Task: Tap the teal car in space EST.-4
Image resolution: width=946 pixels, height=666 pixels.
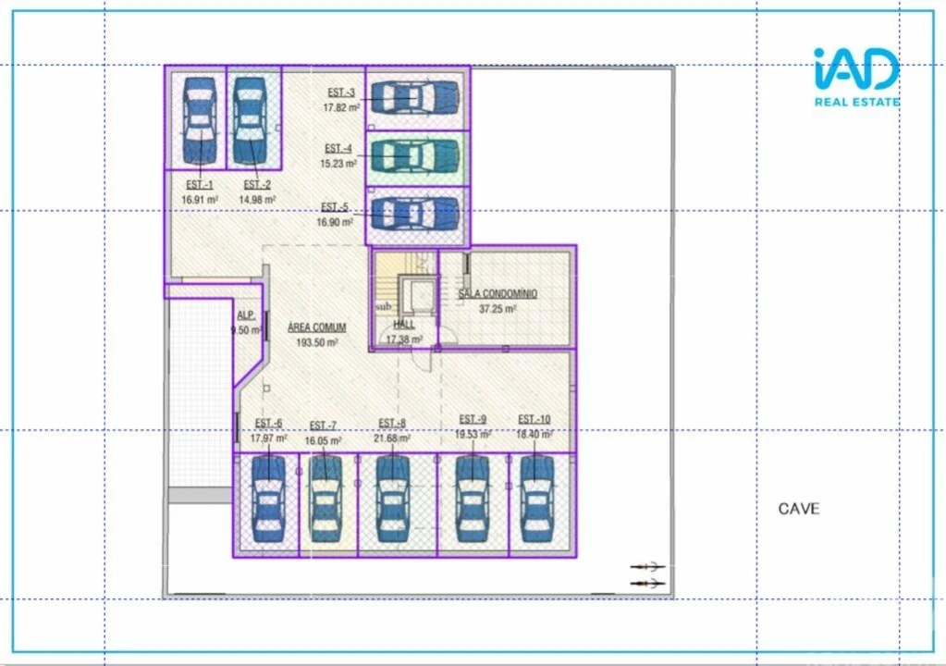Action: pos(415,154)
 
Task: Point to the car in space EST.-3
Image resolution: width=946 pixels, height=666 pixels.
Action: pos(415,96)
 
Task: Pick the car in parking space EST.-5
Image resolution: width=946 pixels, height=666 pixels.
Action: pos(415,214)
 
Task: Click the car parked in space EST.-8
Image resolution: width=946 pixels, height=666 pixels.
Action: pos(393,499)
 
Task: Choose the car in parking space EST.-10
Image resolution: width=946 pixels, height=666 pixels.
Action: pos(537,499)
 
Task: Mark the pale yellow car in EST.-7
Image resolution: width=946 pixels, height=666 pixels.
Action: pos(326,499)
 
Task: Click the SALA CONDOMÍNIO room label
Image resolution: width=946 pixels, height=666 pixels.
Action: pos(498,293)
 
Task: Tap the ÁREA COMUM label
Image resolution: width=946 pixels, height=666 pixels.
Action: pos(317,327)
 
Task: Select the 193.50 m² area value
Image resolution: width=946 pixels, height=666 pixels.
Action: pos(317,342)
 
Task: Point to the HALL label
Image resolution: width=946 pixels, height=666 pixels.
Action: pos(404,325)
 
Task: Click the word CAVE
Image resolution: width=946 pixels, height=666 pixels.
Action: pos(798,509)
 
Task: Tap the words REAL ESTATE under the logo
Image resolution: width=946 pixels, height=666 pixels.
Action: pos(856,102)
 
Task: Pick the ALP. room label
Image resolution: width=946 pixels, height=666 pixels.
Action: pos(245,314)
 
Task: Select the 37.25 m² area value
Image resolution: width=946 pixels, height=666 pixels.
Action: pos(498,309)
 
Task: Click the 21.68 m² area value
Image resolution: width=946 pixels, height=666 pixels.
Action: pos(393,438)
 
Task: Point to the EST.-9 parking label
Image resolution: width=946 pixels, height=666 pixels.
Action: pos(473,419)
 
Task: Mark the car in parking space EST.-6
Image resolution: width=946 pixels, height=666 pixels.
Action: pos(268,499)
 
